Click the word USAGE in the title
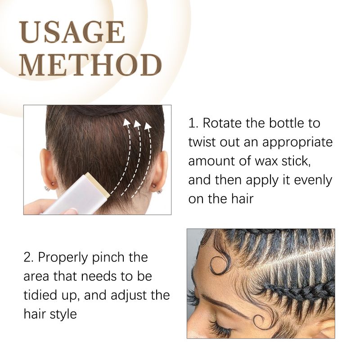click(72, 32)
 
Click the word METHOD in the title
click(90, 65)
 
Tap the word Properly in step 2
click(63, 258)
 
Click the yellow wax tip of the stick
click(98, 185)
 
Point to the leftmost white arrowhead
click(126, 122)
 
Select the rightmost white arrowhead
click(148, 126)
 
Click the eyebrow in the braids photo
click(224, 303)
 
